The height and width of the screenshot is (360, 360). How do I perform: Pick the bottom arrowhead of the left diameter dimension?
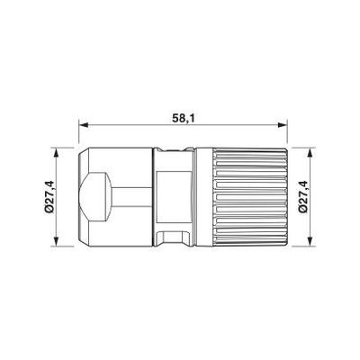point(60,241)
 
